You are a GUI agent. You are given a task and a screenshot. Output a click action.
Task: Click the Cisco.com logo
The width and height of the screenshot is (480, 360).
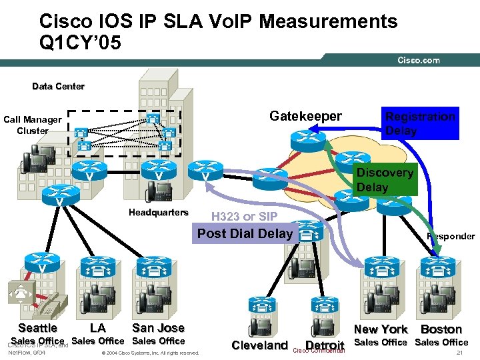pos(419,60)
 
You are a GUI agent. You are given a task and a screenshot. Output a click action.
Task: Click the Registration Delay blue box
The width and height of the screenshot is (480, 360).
pos(420,123)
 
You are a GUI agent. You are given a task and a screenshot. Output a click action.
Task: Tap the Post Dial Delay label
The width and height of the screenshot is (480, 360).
pos(245,233)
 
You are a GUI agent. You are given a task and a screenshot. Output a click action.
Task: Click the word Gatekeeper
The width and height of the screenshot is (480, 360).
pos(305,117)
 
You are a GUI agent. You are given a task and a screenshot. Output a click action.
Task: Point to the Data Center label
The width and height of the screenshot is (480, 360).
pos(59,86)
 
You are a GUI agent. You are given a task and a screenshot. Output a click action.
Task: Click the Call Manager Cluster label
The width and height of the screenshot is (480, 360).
pos(33,125)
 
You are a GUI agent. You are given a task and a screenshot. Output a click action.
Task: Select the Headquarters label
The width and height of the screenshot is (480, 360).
pos(159,213)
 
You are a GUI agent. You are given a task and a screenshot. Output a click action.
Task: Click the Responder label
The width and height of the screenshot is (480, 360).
pos(451,236)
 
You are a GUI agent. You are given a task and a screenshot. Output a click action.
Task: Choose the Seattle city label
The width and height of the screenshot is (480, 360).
pos(38,327)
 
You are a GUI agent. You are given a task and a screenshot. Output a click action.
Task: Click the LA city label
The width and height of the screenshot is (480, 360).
pos(97,328)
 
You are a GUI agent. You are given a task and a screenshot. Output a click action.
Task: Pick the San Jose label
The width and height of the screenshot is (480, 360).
pos(158,327)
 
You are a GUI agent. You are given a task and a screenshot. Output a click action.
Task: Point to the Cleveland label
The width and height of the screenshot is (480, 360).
pos(259,345)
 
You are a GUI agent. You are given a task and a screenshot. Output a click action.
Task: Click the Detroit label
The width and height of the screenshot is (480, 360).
pos(325,346)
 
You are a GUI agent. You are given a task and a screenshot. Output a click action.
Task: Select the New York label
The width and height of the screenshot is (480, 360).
pos(381,329)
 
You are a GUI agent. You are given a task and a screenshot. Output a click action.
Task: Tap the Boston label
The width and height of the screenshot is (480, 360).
pos(441,329)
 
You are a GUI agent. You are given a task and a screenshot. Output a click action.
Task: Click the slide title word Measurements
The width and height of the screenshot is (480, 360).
pos(329,21)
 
